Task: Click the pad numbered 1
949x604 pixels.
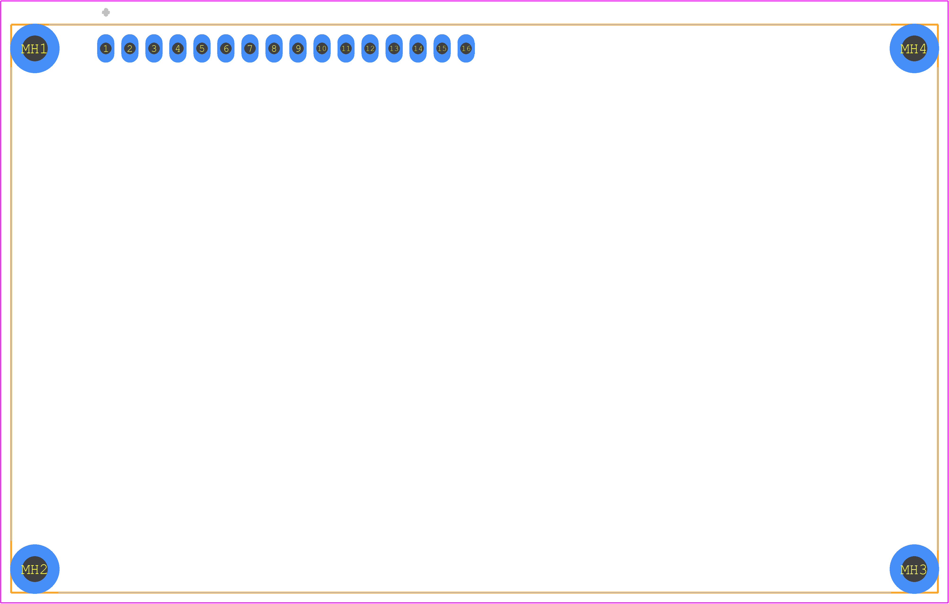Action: pos(106,49)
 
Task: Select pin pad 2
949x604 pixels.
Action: pos(130,49)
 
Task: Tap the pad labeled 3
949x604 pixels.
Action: pos(154,49)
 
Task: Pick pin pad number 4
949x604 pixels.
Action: pos(178,49)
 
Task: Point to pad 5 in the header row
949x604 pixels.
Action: pos(202,49)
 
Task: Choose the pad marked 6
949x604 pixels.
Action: pos(226,49)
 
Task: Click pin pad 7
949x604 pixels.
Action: pos(250,49)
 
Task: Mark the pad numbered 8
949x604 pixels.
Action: pos(274,49)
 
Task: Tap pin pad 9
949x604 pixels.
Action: pos(298,49)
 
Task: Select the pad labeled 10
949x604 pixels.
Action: pos(322,49)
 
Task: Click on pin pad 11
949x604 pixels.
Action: pos(346,49)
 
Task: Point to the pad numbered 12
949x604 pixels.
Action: pos(370,49)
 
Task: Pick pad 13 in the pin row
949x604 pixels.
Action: pos(394,49)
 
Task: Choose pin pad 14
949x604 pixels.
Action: pos(418,49)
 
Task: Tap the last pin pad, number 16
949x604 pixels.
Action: pos(466,49)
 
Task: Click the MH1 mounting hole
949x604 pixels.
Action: pos(35,49)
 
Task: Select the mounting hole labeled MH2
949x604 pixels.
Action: pos(35,569)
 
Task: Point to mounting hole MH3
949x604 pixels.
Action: pos(914,569)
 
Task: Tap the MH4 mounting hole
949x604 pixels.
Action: pos(914,49)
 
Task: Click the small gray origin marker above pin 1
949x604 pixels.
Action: pos(106,12)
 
